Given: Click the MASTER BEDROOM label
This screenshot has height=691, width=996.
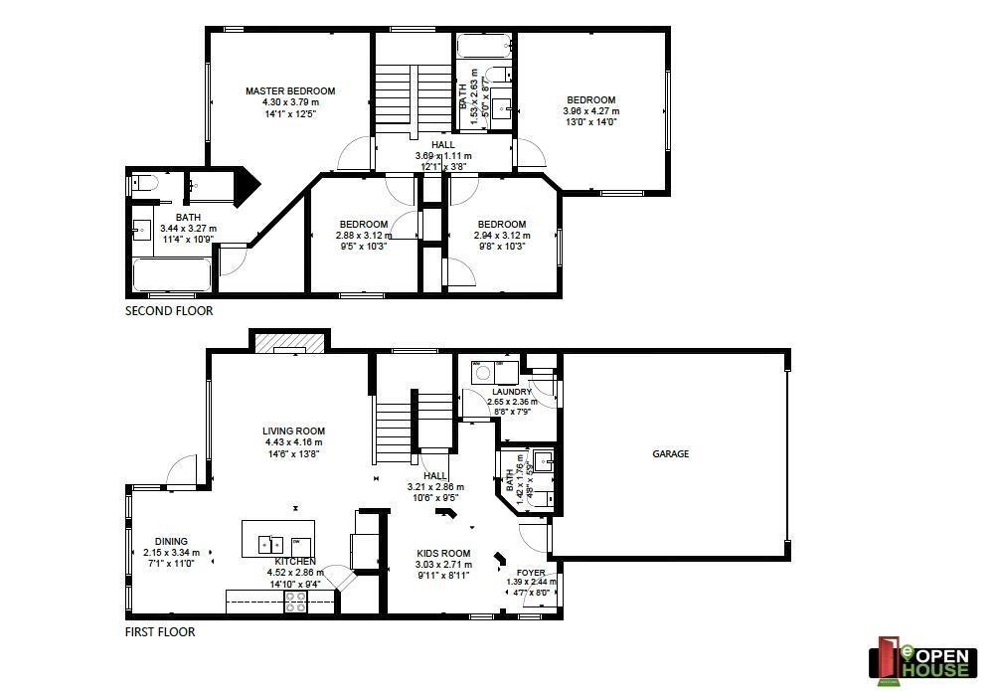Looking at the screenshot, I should point(290,90).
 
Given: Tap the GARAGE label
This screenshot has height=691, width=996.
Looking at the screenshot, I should point(670,453).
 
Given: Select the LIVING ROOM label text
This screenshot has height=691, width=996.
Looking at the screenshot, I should point(294,432).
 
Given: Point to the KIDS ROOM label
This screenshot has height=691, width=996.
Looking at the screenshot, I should point(442,553).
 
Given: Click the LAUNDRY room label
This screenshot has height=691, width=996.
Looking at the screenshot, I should point(512,392).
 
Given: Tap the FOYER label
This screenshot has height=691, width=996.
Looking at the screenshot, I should point(530,573).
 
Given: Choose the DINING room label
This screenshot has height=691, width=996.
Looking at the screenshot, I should point(171,542).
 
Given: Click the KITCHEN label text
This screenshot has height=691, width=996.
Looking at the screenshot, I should point(295,562).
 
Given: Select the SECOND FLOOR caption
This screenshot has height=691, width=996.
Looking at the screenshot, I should point(169,311).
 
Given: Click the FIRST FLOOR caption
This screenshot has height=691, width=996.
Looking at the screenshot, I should point(160,631).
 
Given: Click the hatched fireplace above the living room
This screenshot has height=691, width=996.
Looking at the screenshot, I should point(289,342).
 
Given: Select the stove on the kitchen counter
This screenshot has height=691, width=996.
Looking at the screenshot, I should point(295,602).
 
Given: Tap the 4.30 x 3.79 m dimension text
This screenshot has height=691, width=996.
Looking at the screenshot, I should point(290,102).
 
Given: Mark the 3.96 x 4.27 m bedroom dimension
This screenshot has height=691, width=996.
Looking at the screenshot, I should point(590,111).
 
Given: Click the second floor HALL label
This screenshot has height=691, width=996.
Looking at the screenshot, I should point(442,145).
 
